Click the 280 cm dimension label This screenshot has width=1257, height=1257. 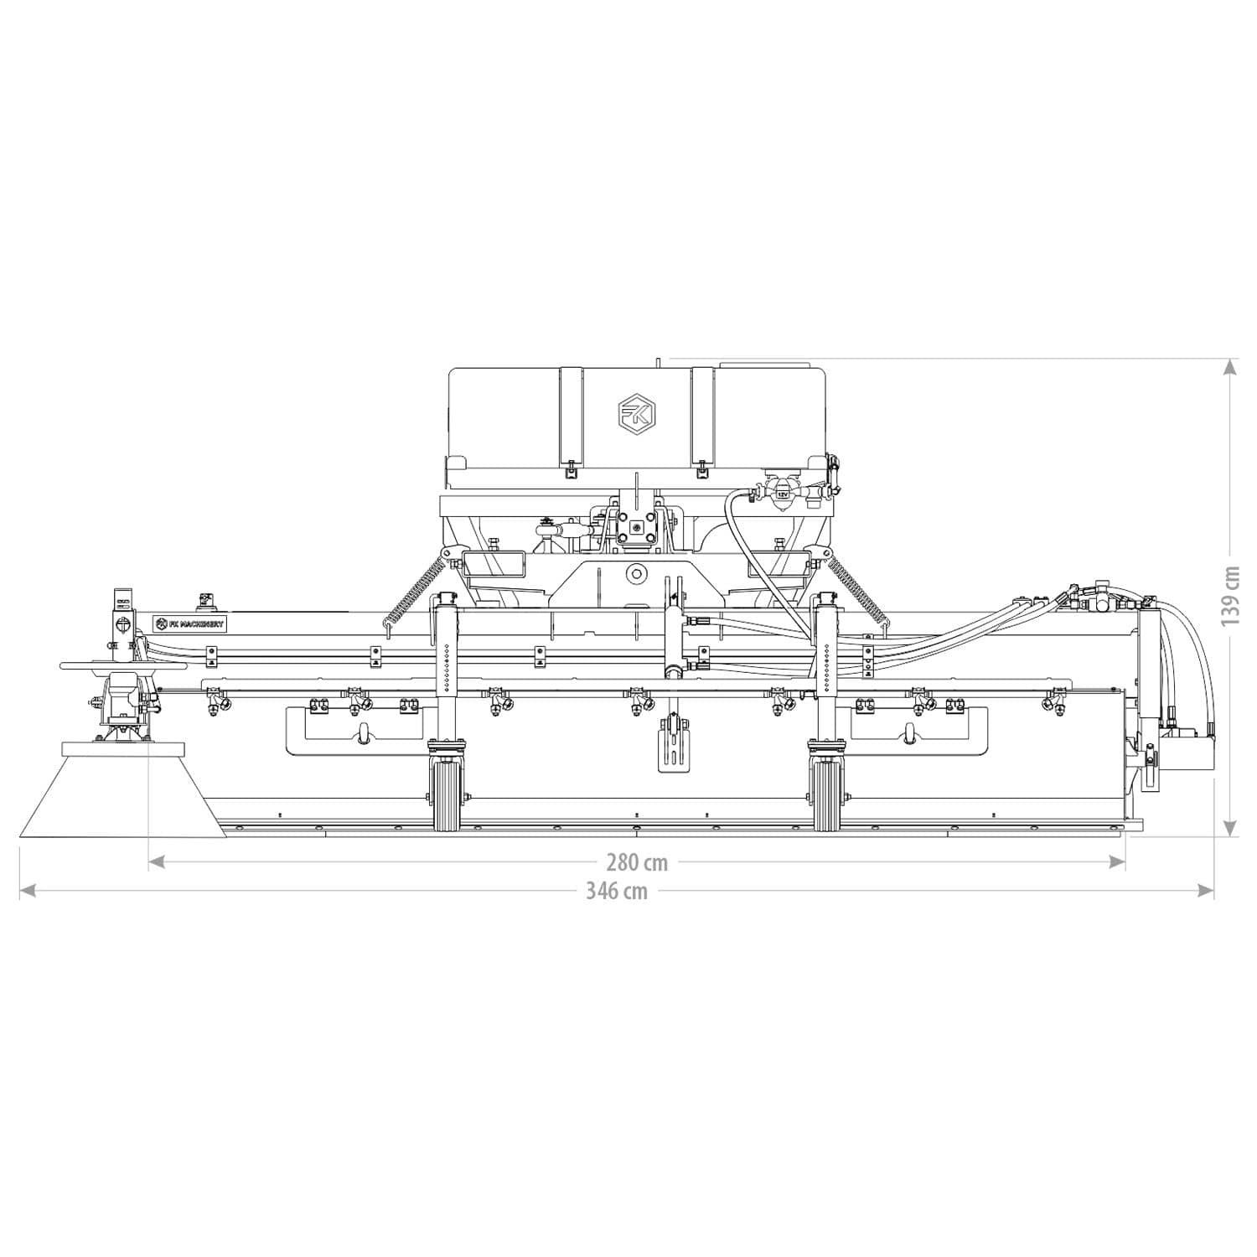637,862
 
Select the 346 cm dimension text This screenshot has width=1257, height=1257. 616,891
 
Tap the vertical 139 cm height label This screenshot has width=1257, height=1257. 1229,596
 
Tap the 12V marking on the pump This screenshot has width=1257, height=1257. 782,494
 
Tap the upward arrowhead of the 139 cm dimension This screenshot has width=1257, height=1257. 1229,367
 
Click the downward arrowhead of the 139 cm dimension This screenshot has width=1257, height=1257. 1229,828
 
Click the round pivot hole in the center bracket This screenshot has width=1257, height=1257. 637,574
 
